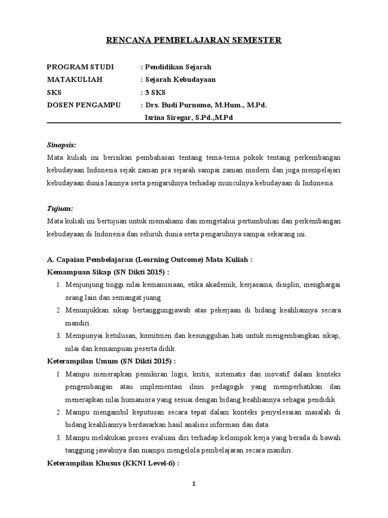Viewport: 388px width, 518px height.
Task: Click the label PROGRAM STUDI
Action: point(80,67)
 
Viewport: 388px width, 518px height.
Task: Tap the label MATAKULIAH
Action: point(74,79)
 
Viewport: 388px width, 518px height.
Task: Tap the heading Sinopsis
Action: point(61,144)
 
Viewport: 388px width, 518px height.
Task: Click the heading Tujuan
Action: point(60,208)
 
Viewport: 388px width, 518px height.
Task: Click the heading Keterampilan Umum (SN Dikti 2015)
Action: point(111,362)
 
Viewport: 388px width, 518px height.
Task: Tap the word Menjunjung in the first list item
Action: point(83,285)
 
